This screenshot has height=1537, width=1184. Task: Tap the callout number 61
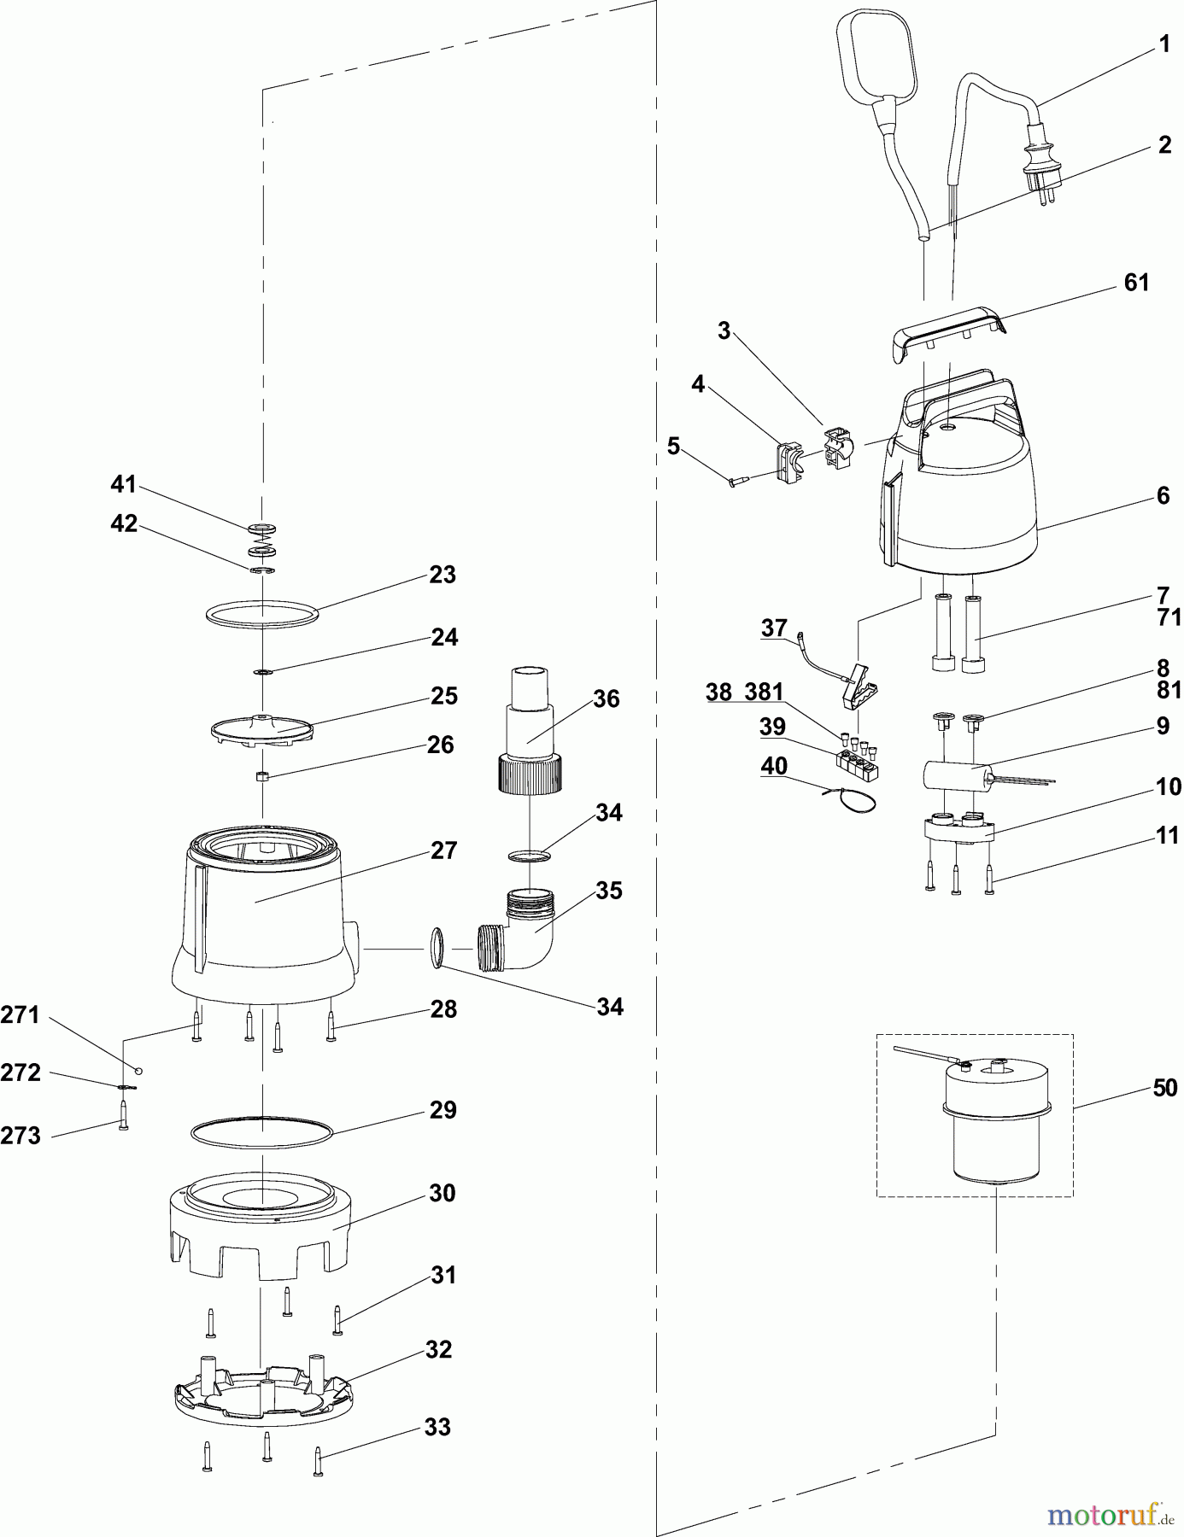(1136, 283)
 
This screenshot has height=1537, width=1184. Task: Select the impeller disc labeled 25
(261, 727)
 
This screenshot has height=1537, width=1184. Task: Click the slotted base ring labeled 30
(261, 1225)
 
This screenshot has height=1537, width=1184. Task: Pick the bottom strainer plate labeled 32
(261, 1393)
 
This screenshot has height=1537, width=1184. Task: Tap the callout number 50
(1164, 1088)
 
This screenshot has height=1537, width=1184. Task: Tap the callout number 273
(21, 1136)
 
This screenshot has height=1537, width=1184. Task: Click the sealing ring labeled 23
(261, 612)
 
